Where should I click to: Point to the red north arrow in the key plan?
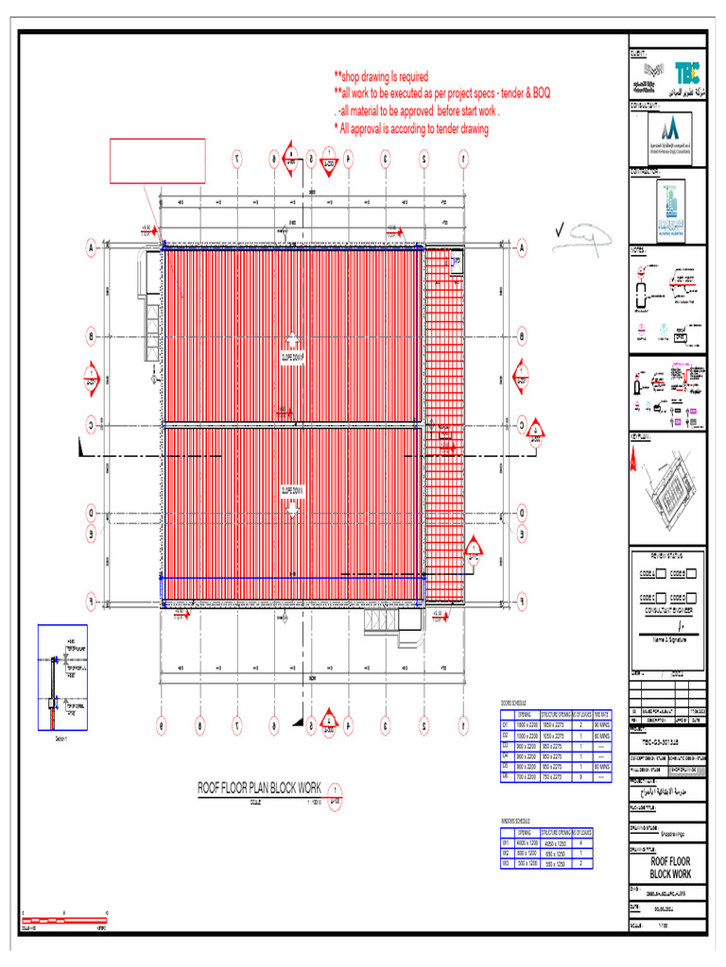[632, 461]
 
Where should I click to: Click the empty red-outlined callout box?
[158, 161]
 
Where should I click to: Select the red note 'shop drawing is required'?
[380, 76]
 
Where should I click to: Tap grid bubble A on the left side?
[92, 248]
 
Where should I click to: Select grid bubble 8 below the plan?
[199, 725]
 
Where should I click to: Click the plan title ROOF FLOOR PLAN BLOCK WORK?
[259, 787]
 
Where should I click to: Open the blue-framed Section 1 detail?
[62, 678]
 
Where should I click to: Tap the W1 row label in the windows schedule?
[506, 842]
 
